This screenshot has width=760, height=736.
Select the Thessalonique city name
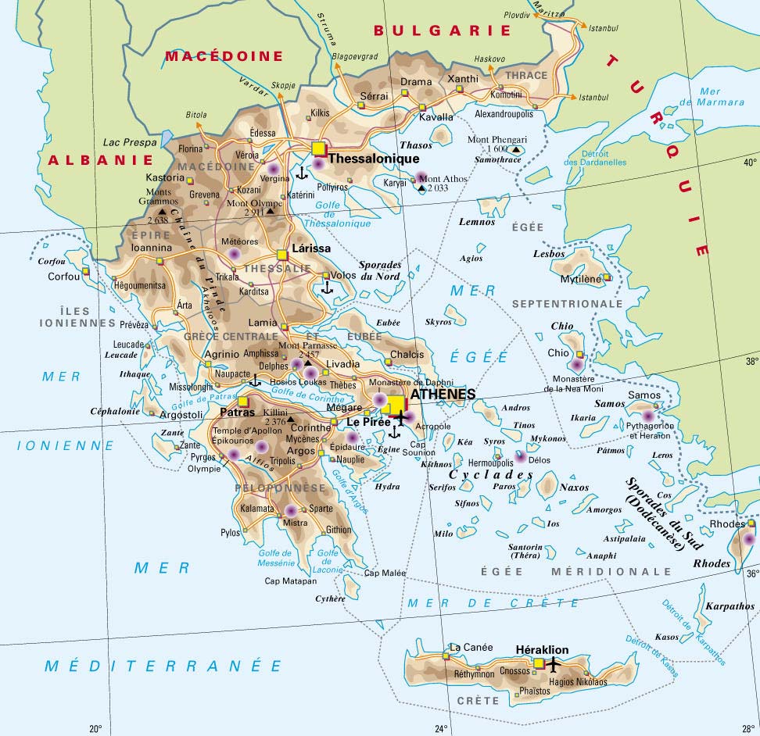pyautogui.click(x=375, y=159)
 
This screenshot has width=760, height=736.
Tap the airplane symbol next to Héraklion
pyautogui.click(x=554, y=664)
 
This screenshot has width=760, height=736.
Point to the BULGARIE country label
pyautogui.click(x=442, y=30)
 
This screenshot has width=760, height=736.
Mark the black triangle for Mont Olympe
pyautogui.click(x=271, y=211)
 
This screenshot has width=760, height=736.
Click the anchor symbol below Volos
pyautogui.click(x=328, y=288)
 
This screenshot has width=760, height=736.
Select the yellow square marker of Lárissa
pyautogui.click(x=282, y=255)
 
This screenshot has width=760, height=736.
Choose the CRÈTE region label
pyautogui.click(x=477, y=701)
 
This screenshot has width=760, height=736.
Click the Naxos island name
pyautogui.click(x=574, y=488)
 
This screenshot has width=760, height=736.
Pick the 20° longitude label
pyautogui.click(x=95, y=729)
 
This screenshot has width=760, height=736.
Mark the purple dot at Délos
pyautogui.click(x=521, y=456)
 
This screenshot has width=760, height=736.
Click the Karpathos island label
pyautogui.click(x=730, y=606)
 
